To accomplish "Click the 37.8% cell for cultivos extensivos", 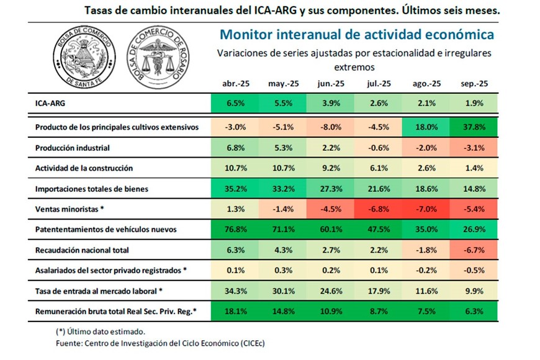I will [474, 127].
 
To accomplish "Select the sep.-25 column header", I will [474, 84].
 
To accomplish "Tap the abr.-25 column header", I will [235, 84].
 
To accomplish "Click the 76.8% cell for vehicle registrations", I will [235, 229].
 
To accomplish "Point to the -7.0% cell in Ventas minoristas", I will [426, 209].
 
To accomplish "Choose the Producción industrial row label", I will [73, 148].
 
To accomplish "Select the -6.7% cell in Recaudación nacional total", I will [474, 250].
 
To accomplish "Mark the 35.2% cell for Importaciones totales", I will [235, 189].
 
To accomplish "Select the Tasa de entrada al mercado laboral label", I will [98, 290].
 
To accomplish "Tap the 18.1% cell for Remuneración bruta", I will [235, 311].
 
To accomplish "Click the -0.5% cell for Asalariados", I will [474, 271].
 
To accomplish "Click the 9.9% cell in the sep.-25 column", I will [474, 290].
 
